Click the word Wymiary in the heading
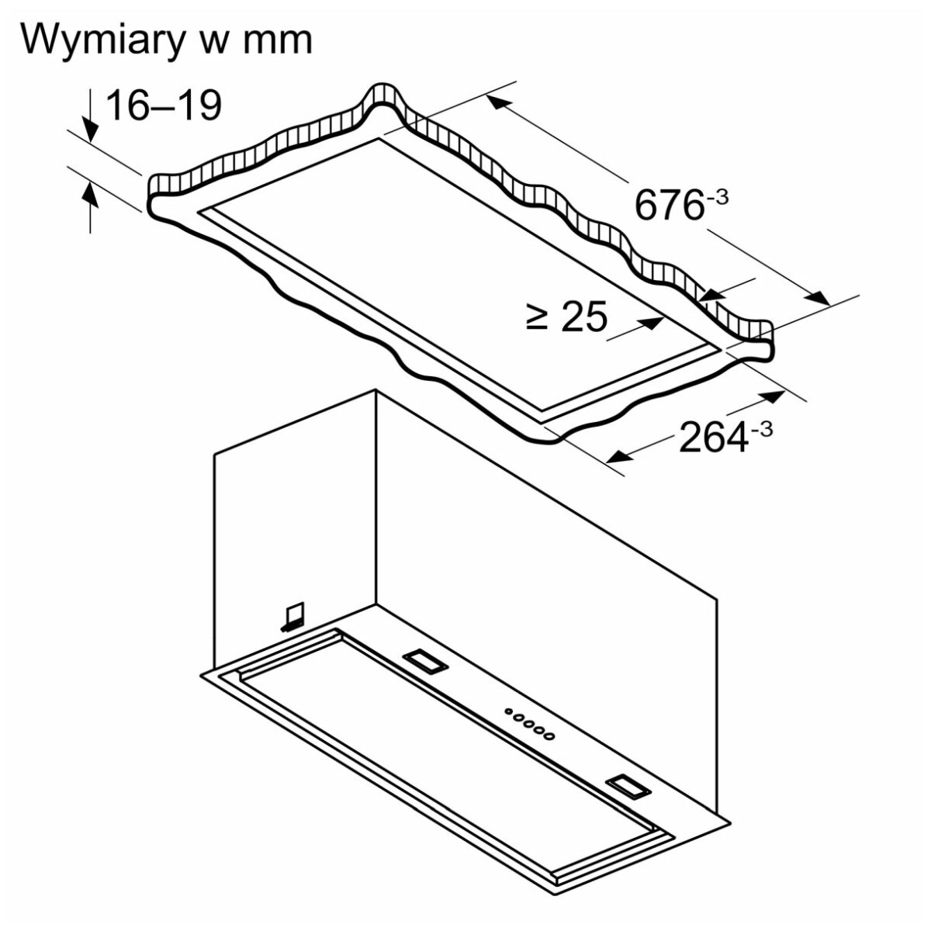tap(103, 42)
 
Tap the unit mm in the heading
tap(277, 42)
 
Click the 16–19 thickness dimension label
tap(164, 106)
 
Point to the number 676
tap(669, 205)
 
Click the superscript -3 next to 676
tap(717, 198)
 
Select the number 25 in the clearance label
tap(584, 317)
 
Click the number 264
tap(714, 438)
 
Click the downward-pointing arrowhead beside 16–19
tap(91, 130)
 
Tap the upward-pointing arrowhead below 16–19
tap(90, 196)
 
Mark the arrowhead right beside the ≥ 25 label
tap(650, 323)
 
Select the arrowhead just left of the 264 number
tap(621, 455)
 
